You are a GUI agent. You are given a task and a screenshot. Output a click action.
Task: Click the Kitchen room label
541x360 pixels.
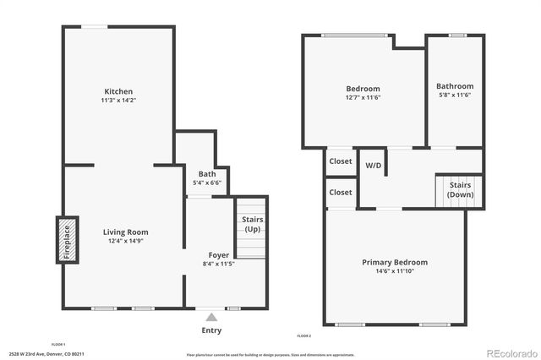pos(118,91)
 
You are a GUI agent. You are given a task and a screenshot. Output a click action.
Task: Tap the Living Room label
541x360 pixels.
pos(126,232)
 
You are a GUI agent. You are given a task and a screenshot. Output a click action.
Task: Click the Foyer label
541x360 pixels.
pos(219,254)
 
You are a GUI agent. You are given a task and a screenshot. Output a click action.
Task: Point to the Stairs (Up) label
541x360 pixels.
pos(252,225)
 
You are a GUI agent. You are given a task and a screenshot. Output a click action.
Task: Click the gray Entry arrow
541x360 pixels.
pos(211,317)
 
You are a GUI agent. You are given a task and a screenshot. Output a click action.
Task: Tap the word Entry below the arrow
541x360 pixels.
pos(211,330)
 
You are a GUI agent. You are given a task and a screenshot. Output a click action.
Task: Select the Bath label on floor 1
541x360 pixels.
pos(207,174)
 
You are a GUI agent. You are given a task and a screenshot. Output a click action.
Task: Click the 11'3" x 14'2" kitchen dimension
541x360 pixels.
pos(118,101)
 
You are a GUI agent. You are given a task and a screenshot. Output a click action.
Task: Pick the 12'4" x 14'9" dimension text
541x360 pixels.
pos(126,242)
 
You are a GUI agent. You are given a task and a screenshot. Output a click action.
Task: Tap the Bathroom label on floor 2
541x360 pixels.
pos(455,86)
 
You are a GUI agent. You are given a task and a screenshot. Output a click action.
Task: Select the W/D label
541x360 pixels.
pos(373,165)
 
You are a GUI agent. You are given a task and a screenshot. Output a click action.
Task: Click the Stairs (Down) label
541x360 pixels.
pos(461,189)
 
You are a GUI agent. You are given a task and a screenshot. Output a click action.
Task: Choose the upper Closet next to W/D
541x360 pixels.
pos(341,161)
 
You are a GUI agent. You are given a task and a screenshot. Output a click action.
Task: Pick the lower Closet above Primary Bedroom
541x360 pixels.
pos(341,192)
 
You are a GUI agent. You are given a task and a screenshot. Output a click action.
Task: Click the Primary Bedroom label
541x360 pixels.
pos(395,262)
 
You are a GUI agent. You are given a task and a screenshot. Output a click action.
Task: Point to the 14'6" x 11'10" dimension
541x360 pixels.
pos(395,271)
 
